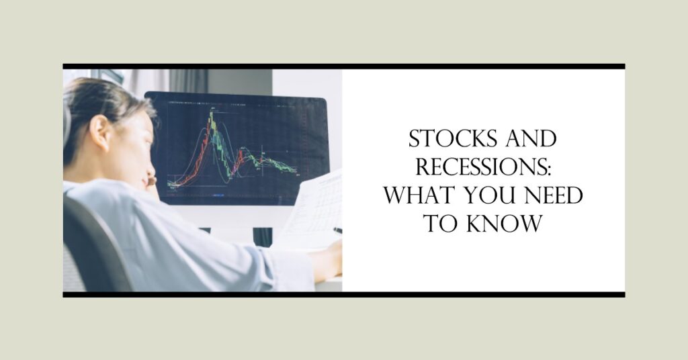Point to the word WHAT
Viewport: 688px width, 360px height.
421,195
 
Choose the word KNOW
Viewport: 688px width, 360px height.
504,223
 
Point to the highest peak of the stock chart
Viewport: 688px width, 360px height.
211,113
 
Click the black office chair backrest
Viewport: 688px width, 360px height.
93,246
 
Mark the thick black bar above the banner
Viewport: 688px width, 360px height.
344,66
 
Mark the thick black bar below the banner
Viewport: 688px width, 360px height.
344,295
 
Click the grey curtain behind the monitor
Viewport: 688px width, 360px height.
189,81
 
